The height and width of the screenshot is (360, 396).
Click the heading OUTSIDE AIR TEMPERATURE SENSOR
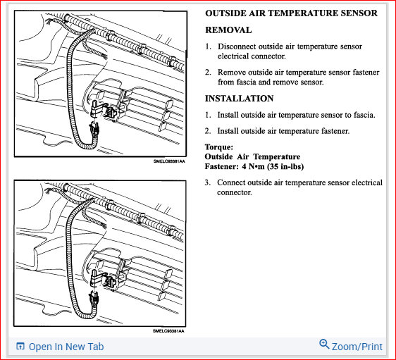[x=291, y=13]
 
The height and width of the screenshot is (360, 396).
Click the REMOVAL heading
[x=228, y=30]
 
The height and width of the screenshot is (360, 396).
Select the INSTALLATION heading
[x=239, y=99]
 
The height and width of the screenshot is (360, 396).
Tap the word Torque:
[x=219, y=147]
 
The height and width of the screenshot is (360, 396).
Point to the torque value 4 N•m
[x=253, y=167]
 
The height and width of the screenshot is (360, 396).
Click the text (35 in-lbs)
[x=285, y=167]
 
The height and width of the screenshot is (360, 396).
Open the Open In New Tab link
[x=66, y=347]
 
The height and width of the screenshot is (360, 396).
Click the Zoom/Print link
[x=357, y=347]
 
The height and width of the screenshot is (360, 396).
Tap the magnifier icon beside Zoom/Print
[x=324, y=345]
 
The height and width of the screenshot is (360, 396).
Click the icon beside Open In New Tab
[x=20, y=346]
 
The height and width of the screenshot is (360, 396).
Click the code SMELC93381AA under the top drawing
[x=169, y=161]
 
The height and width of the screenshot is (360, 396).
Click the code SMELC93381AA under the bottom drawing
[x=168, y=330]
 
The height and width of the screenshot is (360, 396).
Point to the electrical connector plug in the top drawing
[x=94, y=129]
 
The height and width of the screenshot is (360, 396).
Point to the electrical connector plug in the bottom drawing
[x=94, y=299]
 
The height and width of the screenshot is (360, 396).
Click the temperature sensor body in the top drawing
[x=95, y=108]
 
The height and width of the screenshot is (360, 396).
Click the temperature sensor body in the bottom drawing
[x=94, y=278]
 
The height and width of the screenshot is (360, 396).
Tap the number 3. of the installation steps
[x=208, y=182]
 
